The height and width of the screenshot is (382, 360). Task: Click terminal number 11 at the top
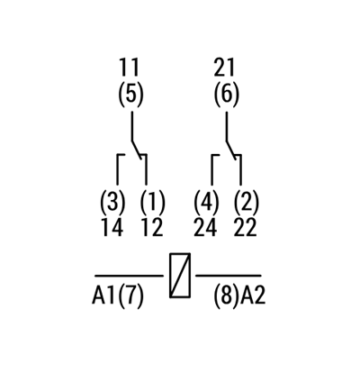(x=129, y=68)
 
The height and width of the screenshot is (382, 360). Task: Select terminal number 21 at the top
(x=224, y=68)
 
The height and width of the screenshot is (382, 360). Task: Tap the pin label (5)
(x=130, y=95)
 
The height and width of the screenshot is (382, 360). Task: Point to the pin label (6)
(x=227, y=95)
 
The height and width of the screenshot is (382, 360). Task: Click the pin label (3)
(x=112, y=202)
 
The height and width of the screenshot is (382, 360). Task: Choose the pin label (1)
(x=152, y=202)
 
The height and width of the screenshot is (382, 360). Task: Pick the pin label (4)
(x=206, y=202)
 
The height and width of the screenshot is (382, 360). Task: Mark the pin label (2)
(x=246, y=202)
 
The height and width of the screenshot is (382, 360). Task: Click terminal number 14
(x=112, y=227)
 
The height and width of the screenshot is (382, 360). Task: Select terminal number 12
(x=152, y=227)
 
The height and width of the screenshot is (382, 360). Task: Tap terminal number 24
(x=205, y=227)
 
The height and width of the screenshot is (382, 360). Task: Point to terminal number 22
(x=246, y=227)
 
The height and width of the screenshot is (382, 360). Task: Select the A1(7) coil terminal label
(x=118, y=296)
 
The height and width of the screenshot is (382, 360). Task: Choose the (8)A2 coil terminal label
(x=239, y=296)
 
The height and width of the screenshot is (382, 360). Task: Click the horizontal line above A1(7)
(x=130, y=276)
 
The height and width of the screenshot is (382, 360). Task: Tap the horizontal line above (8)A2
(x=229, y=276)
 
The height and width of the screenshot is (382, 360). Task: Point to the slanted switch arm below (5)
(x=137, y=150)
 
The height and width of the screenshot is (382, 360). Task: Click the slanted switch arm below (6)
(x=231, y=150)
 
